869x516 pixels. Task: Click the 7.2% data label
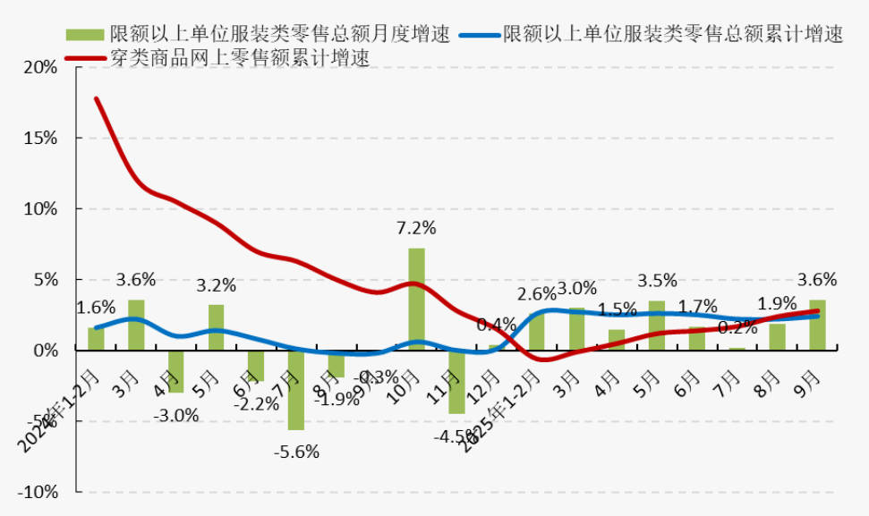coord(416,228)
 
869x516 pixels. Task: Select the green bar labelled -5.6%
coord(296,390)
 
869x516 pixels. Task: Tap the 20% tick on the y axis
coord(40,68)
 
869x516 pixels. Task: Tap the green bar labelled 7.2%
coord(416,299)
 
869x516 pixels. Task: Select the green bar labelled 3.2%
coord(217,327)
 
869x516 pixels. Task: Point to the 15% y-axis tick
coord(40,139)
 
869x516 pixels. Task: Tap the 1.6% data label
coord(95,308)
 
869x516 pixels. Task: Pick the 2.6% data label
coord(536,293)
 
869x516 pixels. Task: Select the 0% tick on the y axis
coord(44,351)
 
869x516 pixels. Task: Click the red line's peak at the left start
coord(96,98)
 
